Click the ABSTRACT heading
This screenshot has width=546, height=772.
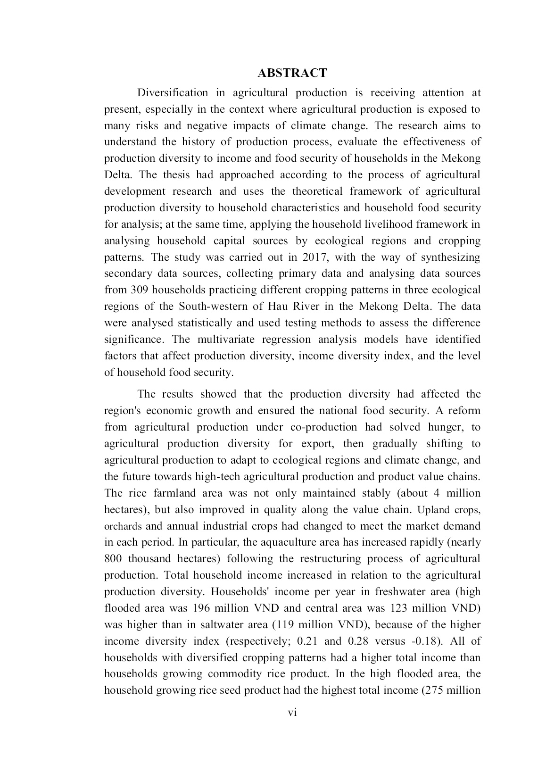click(292, 73)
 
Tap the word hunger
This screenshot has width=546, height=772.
click(445, 427)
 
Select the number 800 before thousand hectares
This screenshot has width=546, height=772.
click(113, 559)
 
